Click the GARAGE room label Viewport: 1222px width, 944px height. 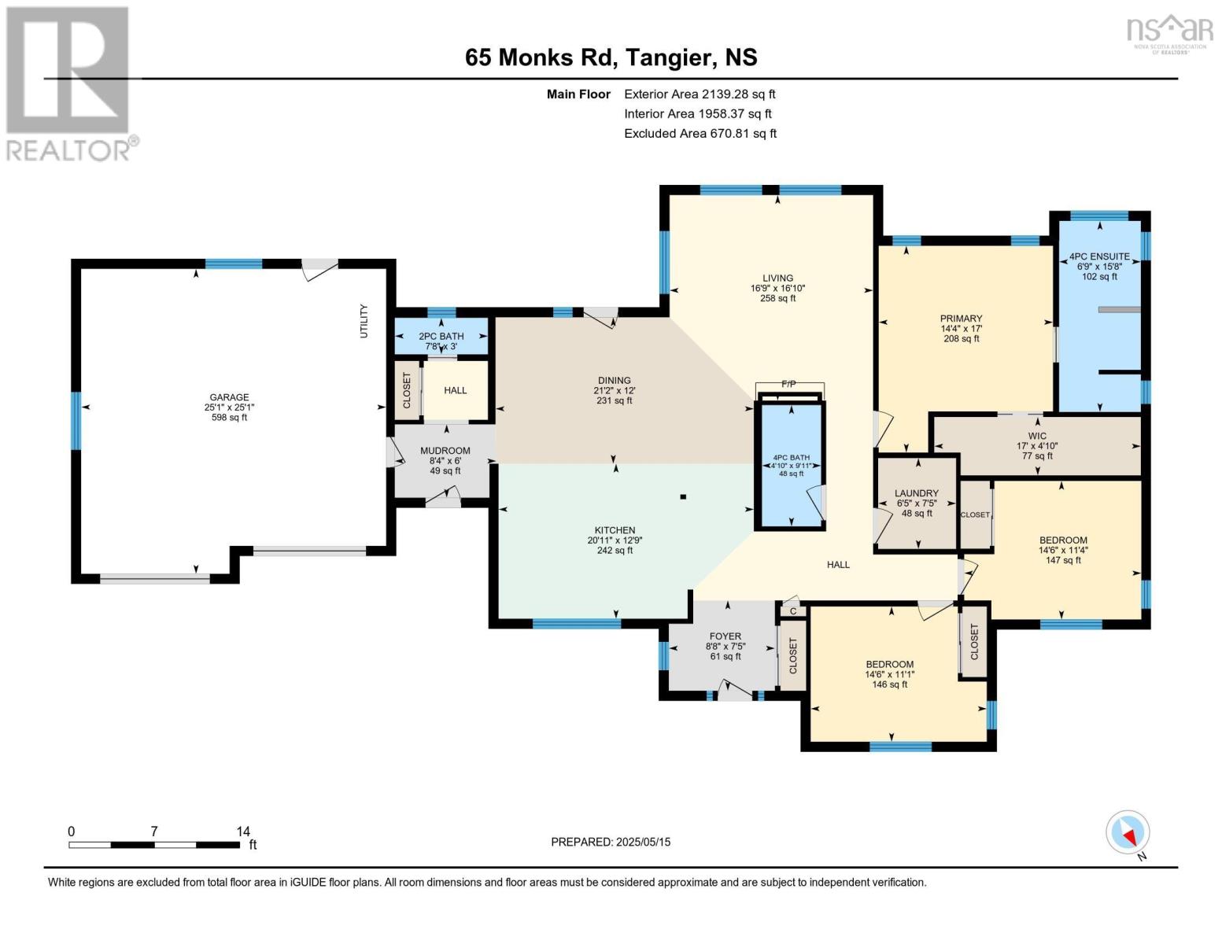[229, 397]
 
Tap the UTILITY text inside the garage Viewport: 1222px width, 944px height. [364, 321]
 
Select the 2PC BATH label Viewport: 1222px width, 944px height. [441, 336]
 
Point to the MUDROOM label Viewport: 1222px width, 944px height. [445, 451]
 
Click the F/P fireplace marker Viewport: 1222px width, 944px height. [788, 384]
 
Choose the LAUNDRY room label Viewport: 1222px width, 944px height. [917, 493]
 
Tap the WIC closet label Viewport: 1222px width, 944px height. [1037, 436]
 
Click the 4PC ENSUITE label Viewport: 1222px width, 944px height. [1099, 256]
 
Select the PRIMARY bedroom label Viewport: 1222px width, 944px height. [961, 319]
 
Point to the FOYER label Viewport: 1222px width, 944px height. [725, 636]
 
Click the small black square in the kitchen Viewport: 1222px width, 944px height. [683, 496]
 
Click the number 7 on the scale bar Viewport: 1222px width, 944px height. [154, 831]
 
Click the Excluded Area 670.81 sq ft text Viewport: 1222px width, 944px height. [700, 133]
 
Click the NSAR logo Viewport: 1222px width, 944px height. [1170, 34]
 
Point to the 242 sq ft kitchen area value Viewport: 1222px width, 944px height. [615, 551]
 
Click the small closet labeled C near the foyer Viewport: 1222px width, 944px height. [793, 611]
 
